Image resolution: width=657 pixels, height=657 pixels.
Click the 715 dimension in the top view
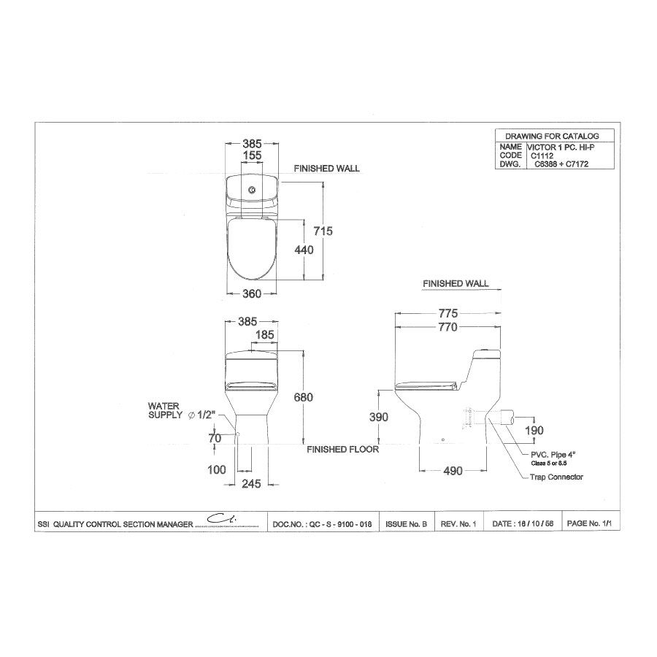323,231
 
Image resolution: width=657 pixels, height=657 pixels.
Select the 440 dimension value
304,250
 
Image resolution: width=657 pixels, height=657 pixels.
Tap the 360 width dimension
251,294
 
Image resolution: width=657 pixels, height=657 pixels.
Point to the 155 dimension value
251,155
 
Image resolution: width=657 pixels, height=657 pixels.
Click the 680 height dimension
303,398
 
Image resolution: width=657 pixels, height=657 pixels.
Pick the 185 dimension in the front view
264,335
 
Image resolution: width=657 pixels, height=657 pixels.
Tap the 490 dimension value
453,471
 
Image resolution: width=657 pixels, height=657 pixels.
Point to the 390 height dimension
377,417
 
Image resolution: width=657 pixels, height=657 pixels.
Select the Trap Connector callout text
558,477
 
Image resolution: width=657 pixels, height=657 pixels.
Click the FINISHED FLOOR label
342,450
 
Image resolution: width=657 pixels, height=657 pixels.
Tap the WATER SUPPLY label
166,410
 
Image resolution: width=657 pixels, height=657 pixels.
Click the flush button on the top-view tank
251,191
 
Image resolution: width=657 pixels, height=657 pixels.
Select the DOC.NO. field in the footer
324,524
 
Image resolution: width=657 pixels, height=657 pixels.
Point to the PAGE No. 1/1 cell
588,524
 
